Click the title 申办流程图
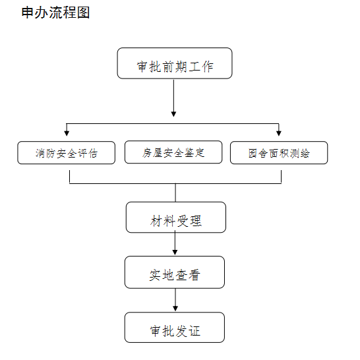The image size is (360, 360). pyautogui.click(x=55, y=13)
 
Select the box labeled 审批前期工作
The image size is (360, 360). pyautogui.click(x=175, y=63)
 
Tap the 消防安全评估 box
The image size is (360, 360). pyautogui.click(x=67, y=153)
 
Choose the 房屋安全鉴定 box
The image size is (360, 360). pyautogui.click(x=173, y=152)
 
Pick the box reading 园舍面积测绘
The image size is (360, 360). pyautogui.click(x=279, y=153)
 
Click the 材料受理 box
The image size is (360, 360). pyautogui.click(x=176, y=217)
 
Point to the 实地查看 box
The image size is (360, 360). pyautogui.click(x=175, y=272)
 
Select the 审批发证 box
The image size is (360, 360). pyautogui.click(x=175, y=328)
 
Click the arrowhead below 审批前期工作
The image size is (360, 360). pyautogui.click(x=174, y=114)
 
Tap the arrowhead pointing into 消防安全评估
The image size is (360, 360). pyautogui.click(x=67, y=133)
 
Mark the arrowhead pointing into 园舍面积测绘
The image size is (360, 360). pyautogui.click(x=279, y=133)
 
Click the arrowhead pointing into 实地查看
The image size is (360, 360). pyautogui.click(x=175, y=253)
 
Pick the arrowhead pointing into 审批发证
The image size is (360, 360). pyautogui.click(x=175, y=309)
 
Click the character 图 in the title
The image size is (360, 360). pyautogui.click(x=83, y=13)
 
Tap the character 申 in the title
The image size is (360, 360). pyautogui.click(x=27, y=13)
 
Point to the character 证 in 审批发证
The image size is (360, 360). pyautogui.click(x=195, y=331)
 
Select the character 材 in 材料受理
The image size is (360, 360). pyautogui.click(x=156, y=221)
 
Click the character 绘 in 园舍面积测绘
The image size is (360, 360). pyautogui.click(x=305, y=154)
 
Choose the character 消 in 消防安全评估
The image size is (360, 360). pyautogui.click(x=40, y=154)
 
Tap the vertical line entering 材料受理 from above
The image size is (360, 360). pyautogui.click(x=175, y=193)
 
